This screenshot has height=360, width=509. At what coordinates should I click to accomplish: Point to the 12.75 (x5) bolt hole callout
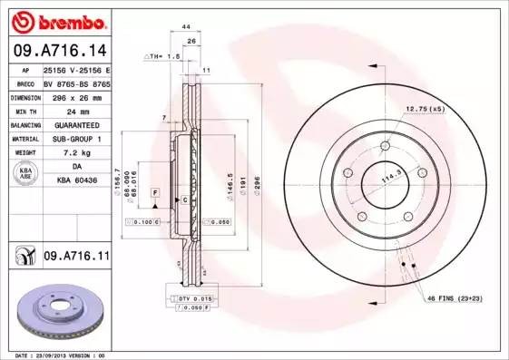(x=426, y=109)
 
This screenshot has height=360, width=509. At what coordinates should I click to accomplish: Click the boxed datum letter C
(x=184, y=199)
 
